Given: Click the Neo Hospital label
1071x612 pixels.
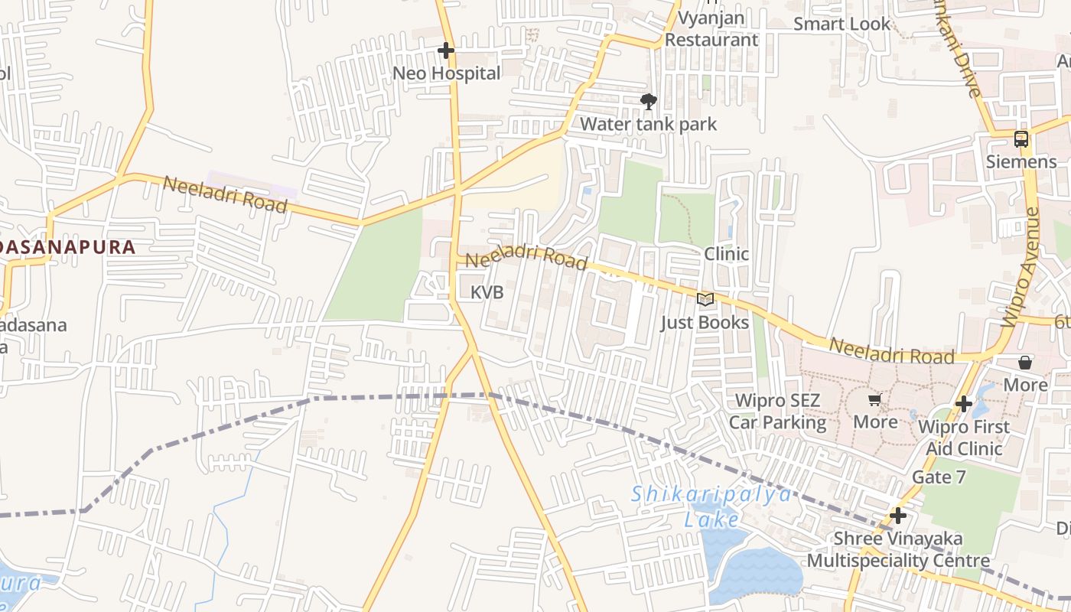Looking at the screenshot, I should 446,73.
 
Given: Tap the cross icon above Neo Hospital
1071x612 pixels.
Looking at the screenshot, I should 446,51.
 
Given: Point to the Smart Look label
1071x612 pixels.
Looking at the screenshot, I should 841,24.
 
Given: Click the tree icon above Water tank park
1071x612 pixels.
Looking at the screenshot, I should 649,101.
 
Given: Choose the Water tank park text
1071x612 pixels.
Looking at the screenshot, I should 648,124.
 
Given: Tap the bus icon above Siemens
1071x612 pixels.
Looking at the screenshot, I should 1021,139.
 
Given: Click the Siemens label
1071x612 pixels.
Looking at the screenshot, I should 1021,162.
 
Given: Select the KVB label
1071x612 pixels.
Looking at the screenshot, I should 487,292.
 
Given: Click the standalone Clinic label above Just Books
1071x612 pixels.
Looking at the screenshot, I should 726,253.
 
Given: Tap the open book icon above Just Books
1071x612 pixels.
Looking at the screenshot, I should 705,300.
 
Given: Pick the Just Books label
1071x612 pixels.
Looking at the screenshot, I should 705,322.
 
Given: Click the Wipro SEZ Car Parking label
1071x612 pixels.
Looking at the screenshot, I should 777,412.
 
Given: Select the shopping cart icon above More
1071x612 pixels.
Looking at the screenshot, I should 875,399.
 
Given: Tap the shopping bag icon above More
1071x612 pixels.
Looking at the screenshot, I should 1025,363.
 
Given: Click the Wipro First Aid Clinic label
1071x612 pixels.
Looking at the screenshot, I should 964,438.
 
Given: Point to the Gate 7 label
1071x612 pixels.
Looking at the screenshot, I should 939,477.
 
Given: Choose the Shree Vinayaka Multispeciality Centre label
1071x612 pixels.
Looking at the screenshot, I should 898,549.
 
